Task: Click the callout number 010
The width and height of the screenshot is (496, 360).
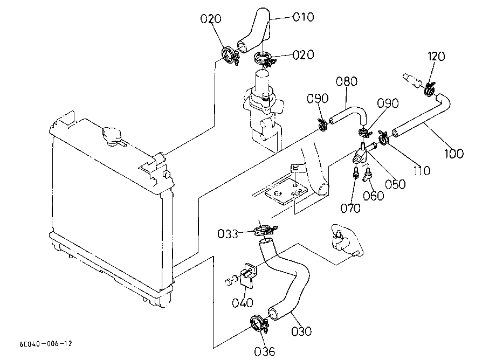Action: (x=304, y=17)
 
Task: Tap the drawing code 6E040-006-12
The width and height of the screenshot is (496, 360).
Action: (x=46, y=344)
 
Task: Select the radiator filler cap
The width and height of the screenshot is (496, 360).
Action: (x=112, y=136)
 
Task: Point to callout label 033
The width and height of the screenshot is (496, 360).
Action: (x=228, y=234)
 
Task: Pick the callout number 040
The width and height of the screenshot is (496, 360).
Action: (x=243, y=303)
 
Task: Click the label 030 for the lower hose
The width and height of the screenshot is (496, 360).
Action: (x=301, y=331)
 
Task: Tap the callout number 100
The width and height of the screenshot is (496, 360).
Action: (x=454, y=154)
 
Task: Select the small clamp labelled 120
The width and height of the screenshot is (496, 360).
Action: (x=430, y=89)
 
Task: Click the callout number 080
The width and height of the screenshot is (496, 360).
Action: (x=346, y=81)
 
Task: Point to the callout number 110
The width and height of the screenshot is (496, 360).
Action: (x=422, y=171)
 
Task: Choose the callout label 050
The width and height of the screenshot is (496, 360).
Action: (x=395, y=184)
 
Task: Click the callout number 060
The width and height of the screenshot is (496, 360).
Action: (x=373, y=196)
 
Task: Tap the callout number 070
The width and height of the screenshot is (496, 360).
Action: (x=350, y=208)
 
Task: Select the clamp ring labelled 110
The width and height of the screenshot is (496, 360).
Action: (x=383, y=138)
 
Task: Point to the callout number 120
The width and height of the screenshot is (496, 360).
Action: (x=436, y=56)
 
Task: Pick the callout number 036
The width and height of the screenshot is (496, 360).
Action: (x=265, y=351)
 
